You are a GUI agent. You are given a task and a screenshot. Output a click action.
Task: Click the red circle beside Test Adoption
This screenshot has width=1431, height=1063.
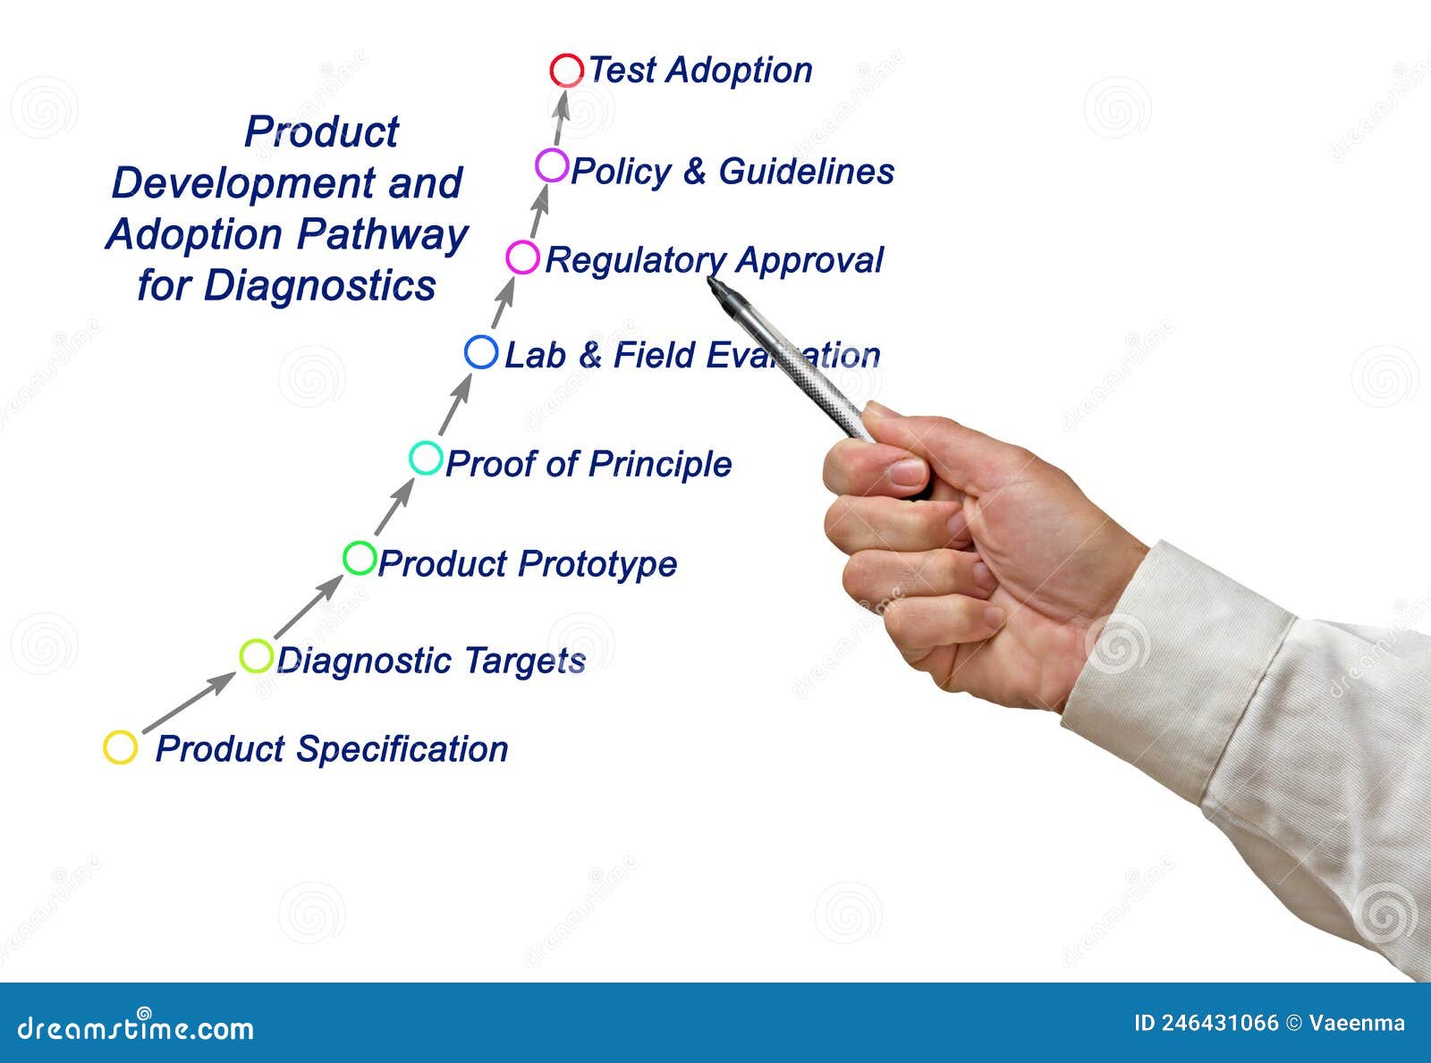pos(566,70)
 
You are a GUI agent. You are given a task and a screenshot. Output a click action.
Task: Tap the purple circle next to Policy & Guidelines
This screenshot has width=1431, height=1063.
pos(552,165)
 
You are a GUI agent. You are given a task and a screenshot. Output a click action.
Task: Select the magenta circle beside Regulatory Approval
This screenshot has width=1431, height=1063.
pos(522,257)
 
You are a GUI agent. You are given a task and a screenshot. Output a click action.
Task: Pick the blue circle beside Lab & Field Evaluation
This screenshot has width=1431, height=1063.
pos(481,352)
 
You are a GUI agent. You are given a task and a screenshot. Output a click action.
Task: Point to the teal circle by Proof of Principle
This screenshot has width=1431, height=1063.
pos(426,458)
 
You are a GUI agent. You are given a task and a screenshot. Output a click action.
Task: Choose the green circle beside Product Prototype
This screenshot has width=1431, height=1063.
pos(360,558)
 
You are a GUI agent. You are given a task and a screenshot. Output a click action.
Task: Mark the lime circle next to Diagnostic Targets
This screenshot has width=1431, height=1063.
pos(256,656)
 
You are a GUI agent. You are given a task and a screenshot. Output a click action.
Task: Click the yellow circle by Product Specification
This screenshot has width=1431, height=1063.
pos(120,747)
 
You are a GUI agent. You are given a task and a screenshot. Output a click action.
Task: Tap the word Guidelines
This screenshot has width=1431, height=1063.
pos(806,171)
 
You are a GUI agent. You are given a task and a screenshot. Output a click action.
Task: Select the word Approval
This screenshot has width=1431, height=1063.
pos(809,260)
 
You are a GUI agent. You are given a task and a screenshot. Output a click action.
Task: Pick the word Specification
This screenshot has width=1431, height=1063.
pos(402,749)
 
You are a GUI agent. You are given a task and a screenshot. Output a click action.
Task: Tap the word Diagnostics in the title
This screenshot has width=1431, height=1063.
pos(319,286)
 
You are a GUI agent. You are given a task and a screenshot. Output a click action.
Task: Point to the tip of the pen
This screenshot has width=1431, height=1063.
pos(712,281)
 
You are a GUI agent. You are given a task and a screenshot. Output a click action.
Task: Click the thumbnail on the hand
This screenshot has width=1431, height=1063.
pos(905,471)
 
